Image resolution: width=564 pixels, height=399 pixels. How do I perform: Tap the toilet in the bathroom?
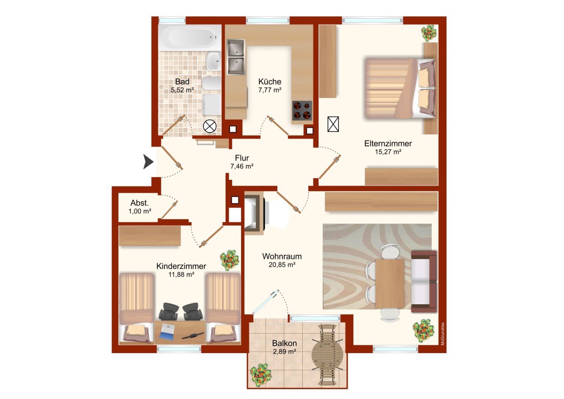211,83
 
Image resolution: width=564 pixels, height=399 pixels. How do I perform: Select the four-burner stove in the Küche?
302,111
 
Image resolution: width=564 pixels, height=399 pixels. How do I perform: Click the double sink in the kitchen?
235,56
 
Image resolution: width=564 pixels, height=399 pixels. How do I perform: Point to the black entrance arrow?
148,162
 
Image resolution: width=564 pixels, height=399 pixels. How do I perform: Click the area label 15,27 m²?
388,152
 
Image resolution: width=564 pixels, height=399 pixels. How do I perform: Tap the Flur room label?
242,158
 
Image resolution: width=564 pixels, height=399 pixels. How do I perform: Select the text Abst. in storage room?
140,203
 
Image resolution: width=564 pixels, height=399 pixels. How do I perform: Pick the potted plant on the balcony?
260,373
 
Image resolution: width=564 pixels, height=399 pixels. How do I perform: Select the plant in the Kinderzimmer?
230,260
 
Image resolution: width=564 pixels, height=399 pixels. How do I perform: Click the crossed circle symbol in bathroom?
210,127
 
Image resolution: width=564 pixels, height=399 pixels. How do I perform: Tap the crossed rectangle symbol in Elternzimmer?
334,124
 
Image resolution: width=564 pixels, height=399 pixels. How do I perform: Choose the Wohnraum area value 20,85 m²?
282,265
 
